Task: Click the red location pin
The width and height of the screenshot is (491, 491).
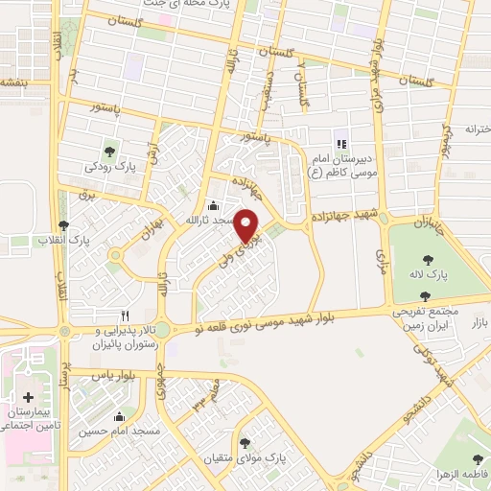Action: click(x=247, y=225)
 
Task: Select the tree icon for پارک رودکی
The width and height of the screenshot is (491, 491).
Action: click(x=110, y=150)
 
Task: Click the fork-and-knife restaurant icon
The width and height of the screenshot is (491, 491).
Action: click(x=125, y=314)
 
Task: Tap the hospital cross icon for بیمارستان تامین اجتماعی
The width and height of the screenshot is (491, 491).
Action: click(x=29, y=396)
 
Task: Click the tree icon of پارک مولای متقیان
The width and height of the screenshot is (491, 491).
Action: click(x=246, y=442)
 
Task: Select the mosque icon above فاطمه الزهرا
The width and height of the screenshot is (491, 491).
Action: click(x=479, y=459)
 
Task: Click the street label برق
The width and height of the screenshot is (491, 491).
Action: click(x=89, y=196)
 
